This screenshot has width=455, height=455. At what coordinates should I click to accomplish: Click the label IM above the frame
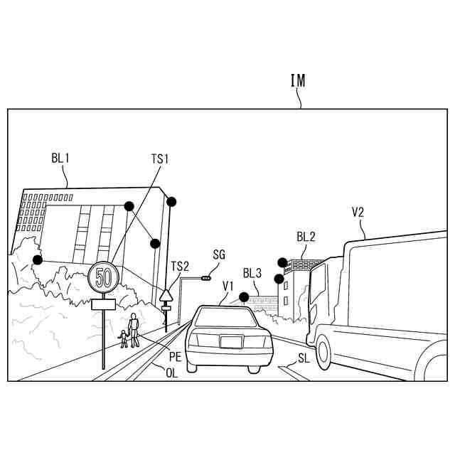pos(298,80)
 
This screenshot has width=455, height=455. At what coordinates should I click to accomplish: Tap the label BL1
pos(60,158)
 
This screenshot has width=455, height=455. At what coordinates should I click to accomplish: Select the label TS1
pos(160,158)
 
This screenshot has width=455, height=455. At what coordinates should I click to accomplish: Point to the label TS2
pos(180,266)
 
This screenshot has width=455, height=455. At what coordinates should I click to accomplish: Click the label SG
pos(219,254)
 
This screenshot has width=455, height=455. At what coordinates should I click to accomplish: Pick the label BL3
pos(252,273)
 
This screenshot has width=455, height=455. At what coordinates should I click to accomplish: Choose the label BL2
pos(306,237)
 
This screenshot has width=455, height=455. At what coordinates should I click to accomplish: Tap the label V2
pos(358,211)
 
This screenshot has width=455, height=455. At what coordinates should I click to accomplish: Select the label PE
pos(175,358)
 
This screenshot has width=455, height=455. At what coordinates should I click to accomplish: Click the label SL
pos(304,358)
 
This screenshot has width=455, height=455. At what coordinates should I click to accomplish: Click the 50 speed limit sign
pos(103,277)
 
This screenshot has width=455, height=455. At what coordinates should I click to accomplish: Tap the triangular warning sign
pos(166,294)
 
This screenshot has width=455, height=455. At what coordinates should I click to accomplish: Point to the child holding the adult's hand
pos(124,338)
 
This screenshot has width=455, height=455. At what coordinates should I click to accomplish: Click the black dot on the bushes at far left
pos(38,259)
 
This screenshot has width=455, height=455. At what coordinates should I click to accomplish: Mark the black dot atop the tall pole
pos(171,202)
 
